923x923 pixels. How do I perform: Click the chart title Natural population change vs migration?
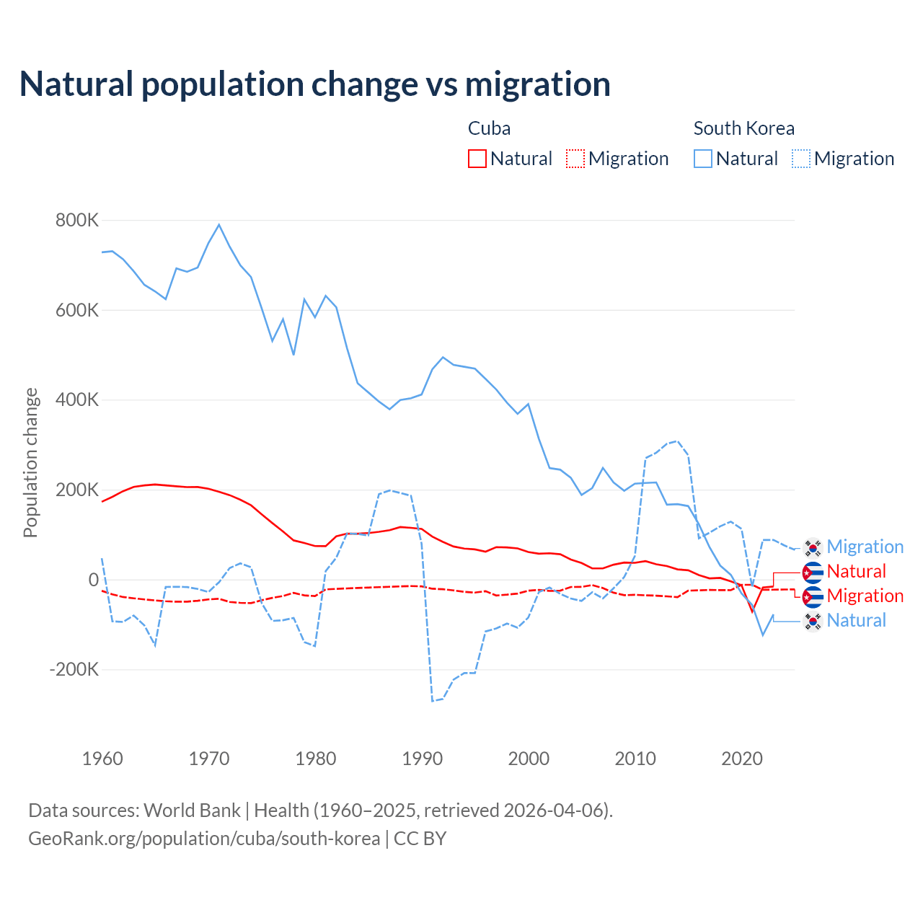click(315, 84)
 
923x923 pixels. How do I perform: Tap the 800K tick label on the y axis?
click(77, 220)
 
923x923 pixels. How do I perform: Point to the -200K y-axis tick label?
click(74, 669)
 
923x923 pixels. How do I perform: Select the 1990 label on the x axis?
click(423, 759)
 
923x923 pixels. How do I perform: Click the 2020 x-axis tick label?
click(742, 759)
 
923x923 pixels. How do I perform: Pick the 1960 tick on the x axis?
click(103, 759)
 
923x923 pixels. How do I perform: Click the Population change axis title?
click(30, 462)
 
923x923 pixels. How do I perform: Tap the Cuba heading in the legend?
click(489, 128)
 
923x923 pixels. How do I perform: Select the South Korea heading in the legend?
click(743, 128)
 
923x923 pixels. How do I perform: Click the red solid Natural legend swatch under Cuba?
click(477, 159)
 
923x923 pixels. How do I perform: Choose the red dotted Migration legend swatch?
click(575, 159)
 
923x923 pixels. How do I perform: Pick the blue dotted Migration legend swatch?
click(801, 159)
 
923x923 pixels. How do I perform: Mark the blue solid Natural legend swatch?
click(703, 159)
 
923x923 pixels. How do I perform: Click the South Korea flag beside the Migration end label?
click(813, 547)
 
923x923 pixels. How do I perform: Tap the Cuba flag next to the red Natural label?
click(813, 572)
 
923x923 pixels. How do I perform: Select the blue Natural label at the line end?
click(856, 620)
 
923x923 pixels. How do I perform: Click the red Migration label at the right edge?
click(865, 596)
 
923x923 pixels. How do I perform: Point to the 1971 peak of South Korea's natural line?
click(219, 225)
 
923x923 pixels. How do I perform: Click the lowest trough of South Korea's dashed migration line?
click(433, 701)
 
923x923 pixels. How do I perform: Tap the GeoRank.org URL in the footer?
click(204, 839)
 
